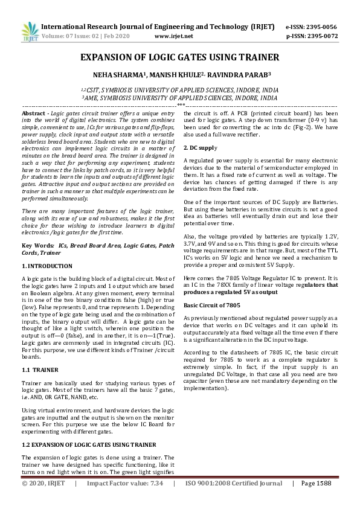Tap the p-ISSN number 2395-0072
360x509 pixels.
(x=323, y=36)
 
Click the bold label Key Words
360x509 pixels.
(x=38, y=246)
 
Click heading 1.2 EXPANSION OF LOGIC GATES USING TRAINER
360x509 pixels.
(x=88, y=445)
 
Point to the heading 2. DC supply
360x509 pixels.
(x=201, y=148)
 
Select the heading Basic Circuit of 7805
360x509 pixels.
(x=212, y=306)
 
